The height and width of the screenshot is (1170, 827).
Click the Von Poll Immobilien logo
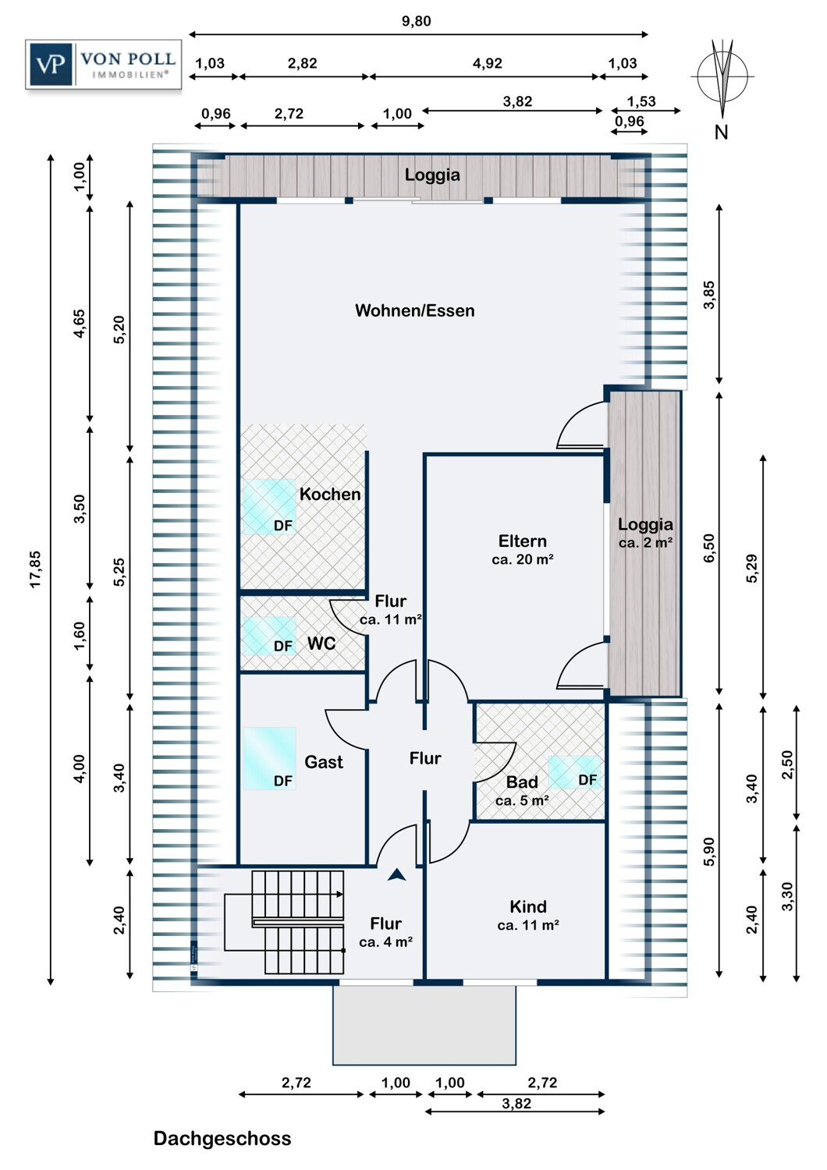[x=103, y=64]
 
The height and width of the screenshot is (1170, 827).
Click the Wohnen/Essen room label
[x=414, y=310]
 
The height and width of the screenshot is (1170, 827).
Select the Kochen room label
[x=330, y=494]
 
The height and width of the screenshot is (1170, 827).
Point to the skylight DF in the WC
[x=269, y=636]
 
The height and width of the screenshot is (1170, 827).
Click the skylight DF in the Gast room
[x=270, y=759]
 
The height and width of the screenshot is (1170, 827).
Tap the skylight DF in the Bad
[x=576, y=772]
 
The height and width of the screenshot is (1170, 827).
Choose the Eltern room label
[x=523, y=541]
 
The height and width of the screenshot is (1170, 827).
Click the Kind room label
[x=528, y=906]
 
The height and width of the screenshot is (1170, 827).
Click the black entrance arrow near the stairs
[x=397, y=875]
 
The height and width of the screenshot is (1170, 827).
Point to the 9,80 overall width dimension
[x=416, y=21]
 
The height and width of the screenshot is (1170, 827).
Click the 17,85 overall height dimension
[x=35, y=569]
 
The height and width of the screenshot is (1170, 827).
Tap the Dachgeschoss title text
[x=222, y=1138]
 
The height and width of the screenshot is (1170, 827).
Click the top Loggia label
[x=432, y=175]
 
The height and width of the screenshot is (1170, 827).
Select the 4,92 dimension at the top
[x=487, y=63]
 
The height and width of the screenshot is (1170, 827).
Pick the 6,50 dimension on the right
[x=708, y=548]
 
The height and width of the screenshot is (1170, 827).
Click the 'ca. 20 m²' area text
[x=523, y=559]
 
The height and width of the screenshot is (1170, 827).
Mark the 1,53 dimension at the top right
[x=641, y=101]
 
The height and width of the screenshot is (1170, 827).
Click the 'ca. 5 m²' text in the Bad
[x=522, y=800]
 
